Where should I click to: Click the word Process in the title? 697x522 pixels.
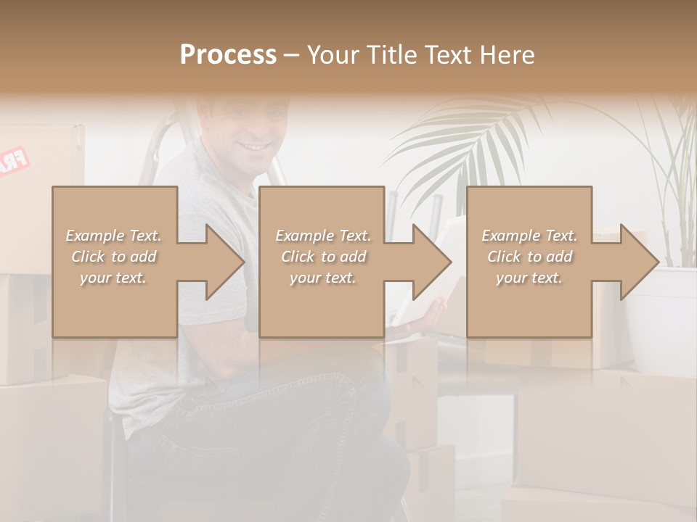[x=228, y=54]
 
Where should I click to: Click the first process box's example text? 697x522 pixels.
[x=114, y=257]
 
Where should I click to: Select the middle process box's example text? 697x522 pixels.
[x=322, y=257]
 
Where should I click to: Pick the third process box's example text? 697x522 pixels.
[x=529, y=257]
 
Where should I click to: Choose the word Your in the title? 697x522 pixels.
[x=331, y=54]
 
